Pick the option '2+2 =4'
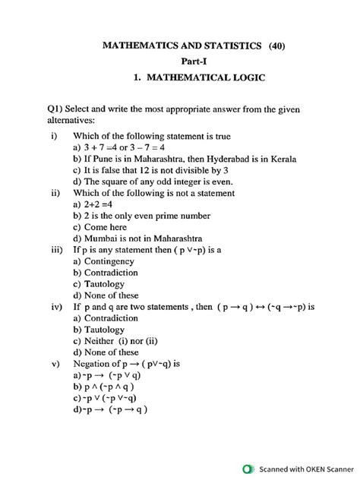tap(95, 204)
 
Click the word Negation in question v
tap(94, 364)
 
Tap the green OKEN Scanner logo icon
tap(247, 468)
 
